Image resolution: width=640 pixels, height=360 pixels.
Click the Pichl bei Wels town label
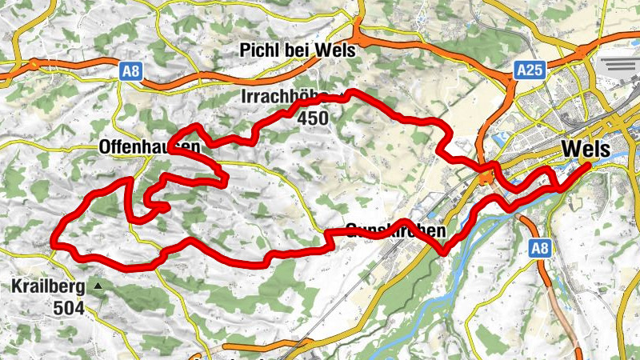(297, 50)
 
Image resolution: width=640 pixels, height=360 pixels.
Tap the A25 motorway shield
(530, 70)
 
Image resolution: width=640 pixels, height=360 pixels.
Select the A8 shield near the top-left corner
(131, 72)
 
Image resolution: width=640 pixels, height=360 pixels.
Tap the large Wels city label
(586, 149)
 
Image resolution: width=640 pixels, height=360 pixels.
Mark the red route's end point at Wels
(588, 166)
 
